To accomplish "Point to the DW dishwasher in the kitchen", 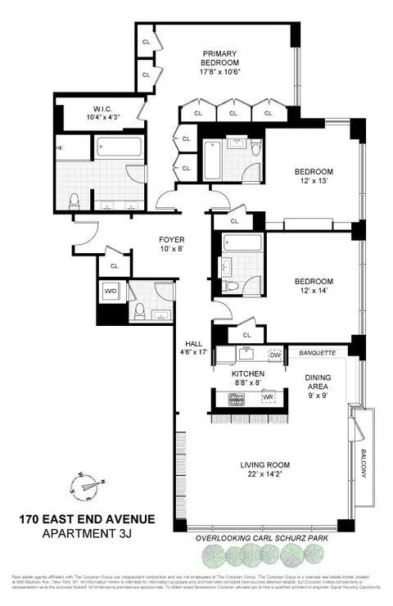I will pyautogui.click(x=276, y=355).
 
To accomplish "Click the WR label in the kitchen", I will pyautogui.click(x=267, y=397).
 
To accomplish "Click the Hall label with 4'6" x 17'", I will pyautogui.click(x=193, y=349).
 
